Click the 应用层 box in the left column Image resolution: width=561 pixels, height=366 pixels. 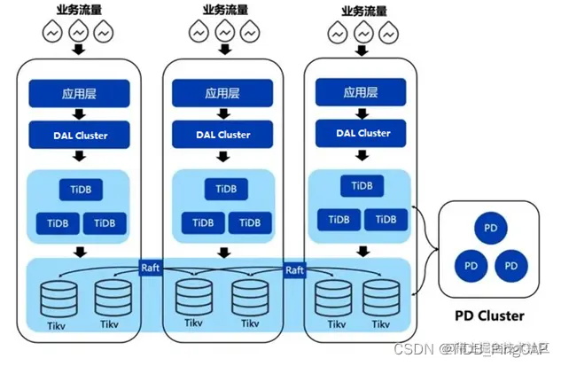[x=80, y=91]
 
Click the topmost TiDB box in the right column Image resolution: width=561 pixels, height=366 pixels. [x=361, y=186]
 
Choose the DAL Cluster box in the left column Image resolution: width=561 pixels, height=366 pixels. [x=80, y=135]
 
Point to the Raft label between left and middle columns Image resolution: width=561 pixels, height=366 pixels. [x=151, y=266]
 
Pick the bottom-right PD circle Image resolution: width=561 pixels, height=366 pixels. [x=510, y=264]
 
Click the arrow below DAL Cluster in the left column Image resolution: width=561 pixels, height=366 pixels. [x=80, y=156]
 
